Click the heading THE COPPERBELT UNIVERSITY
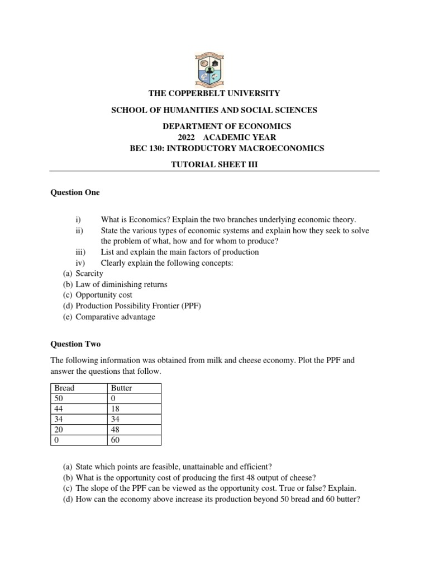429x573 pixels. click(214, 93)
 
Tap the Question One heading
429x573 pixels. click(75, 192)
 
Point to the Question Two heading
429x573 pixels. click(75, 344)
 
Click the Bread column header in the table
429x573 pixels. click(64, 388)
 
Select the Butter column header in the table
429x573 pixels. click(121, 388)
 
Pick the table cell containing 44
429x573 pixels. click(60, 408)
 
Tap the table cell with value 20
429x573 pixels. click(60, 429)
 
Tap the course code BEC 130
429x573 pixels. click(147, 148)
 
